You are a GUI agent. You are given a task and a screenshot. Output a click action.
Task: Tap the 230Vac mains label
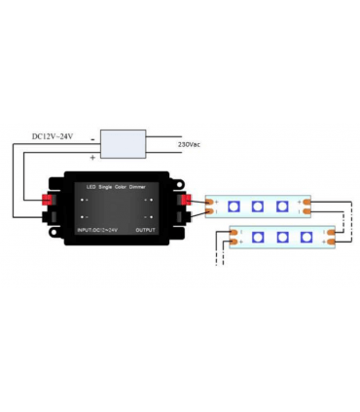pyautogui.click(x=191, y=144)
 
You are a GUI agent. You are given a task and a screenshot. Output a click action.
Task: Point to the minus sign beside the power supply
pyautogui.click(x=91, y=137)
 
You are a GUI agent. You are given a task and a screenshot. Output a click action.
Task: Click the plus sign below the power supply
pyautogui.click(x=92, y=156)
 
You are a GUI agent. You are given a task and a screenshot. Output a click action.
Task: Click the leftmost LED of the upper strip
pyautogui.click(x=234, y=206)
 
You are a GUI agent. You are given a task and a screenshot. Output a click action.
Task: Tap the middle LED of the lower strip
pyautogui.click(x=283, y=237)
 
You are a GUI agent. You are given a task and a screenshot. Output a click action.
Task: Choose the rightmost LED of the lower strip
pyautogui.click(x=306, y=237)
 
